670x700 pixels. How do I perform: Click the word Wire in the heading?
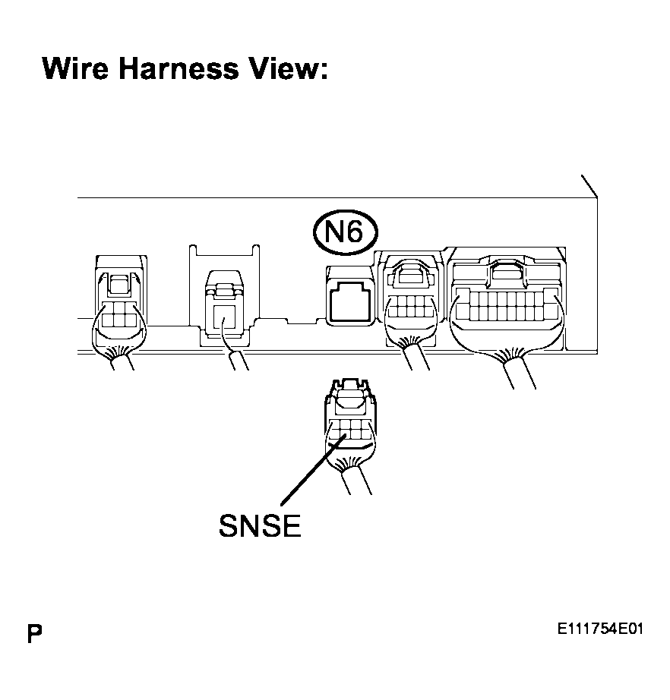[x=75, y=68]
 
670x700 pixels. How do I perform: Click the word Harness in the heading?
[x=179, y=68]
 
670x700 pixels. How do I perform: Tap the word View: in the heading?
[x=289, y=68]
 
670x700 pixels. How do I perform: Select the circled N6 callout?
[x=345, y=232]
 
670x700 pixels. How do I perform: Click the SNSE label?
[x=260, y=525]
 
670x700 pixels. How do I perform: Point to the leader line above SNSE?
[x=313, y=470]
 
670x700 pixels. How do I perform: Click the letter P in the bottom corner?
[x=34, y=633]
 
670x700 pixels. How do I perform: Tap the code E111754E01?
[x=600, y=629]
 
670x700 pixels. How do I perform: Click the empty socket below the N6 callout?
[x=349, y=296]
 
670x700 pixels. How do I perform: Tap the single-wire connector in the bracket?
[x=224, y=307]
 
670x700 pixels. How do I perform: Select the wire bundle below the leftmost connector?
[x=121, y=358]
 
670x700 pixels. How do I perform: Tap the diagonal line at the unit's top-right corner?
[x=589, y=186]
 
